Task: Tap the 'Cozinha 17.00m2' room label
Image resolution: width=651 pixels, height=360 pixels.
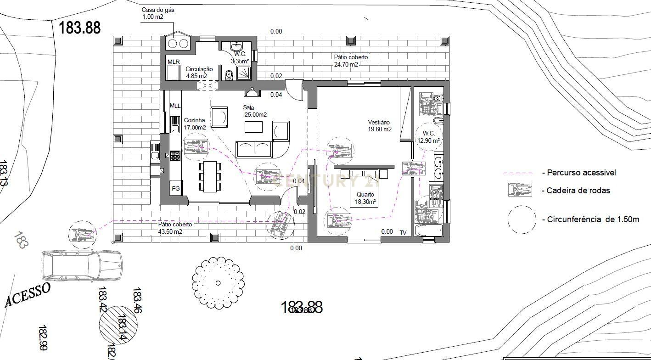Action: coord(195,124)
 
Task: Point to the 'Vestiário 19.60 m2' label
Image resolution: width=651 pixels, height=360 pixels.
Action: coord(379,126)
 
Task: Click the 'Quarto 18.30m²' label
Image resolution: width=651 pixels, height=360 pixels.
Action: coord(365,198)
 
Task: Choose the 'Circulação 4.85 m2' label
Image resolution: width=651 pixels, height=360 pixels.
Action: coord(196,72)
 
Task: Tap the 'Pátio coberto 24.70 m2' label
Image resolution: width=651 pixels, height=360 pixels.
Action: coord(351,61)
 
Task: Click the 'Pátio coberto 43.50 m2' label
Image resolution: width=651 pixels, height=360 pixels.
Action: coord(175,228)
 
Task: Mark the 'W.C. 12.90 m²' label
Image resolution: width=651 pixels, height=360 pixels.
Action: coord(428,137)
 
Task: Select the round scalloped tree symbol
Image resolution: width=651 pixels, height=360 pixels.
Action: coord(218,283)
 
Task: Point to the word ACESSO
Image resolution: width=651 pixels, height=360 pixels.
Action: coord(28,295)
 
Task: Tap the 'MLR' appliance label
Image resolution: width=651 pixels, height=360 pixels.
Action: coord(174,62)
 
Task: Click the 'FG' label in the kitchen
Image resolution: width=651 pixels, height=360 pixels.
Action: coord(175,188)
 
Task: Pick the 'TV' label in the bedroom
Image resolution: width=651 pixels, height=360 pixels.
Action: coord(403,232)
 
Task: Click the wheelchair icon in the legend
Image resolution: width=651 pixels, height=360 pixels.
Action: coord(520,190)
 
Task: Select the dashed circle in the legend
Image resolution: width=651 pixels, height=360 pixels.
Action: coord(522,219)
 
